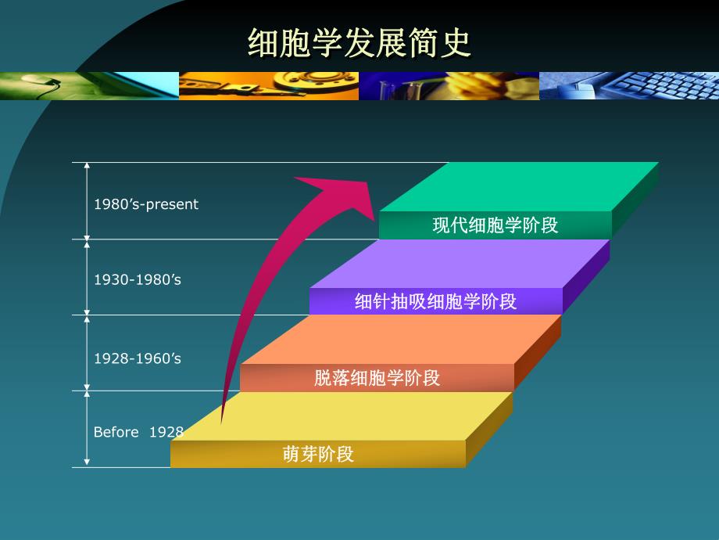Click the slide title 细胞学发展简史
pyautogui.click(x=359, y=44)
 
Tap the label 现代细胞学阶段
pyautogui.click(x=495, y=225)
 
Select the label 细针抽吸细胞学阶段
pyautogui.click(x=435, y=301)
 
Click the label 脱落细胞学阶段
pyautogui.click(x=377, y=378)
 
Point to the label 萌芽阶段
pyautogui.click(x=318, y=454)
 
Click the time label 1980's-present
pyautogui.click(x=146, y=204)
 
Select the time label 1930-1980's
pyautogui.click(x=138, y=279)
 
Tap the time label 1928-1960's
pyautogui.click(x=138, y=358)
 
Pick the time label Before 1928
pyautogui.click(x=138, y=432)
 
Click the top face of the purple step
pyautogui.click(x=461, y=263)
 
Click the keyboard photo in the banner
pyautogui.click(x=628, y=85)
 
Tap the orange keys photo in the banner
pyautogui.click(x=269, y=85)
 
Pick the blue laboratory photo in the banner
pyautogui.click(x=449, y=85)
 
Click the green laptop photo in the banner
pyautogui.click(x=89, y=85)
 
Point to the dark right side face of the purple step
pyautogui.click(x=585, y=275)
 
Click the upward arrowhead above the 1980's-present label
pyautogui.click(x=88, y=167)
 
